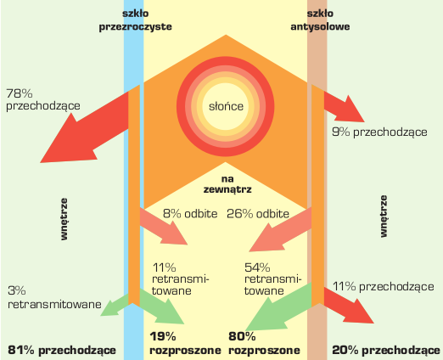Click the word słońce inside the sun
click(x=226, y=106)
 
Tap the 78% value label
click(x=20, y=93)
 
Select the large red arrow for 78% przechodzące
click(x=84, y=127)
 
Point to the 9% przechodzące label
click(x=379, y=132)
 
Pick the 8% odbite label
click(x=190, y=214)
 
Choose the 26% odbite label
click(x=258, y=214)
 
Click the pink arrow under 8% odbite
click(x=164, y=227)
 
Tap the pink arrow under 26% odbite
click(x=281, y=229)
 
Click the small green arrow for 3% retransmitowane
click(x=115, y=306)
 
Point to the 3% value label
click(x=17, y=290)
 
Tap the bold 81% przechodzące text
click(x=62, y=351)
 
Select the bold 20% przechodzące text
click(x=386, y=351)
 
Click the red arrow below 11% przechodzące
click(x=349, y=306)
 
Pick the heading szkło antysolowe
click(x=320, y=20)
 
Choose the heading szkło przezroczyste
click(x=136, y=20)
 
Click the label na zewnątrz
click(x=227, y=184)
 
